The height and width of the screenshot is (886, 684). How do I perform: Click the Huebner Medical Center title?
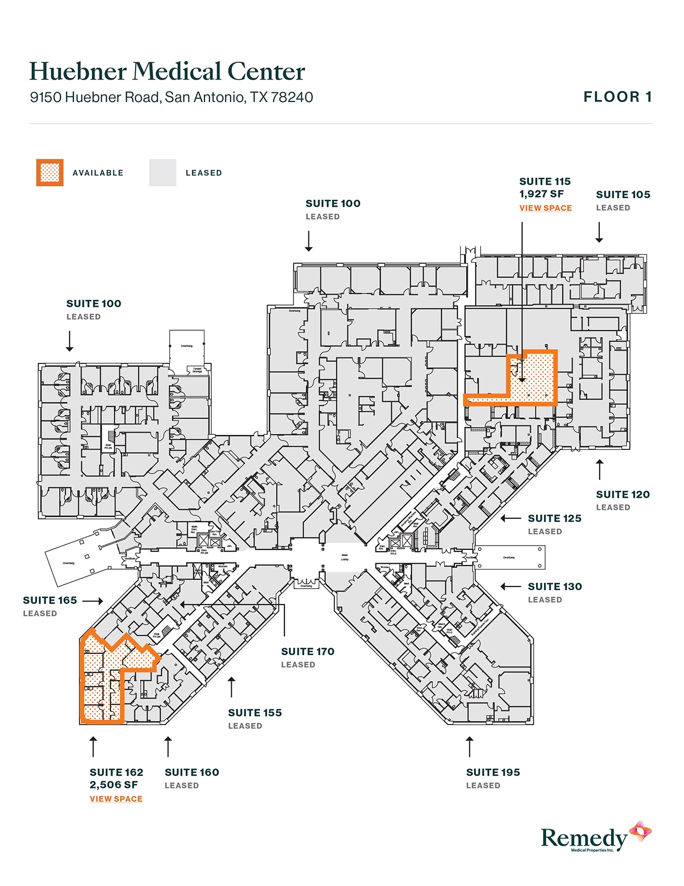tap(167, 72)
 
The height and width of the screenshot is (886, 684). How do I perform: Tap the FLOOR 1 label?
tap(617, 97)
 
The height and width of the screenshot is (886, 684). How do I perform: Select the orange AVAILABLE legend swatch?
tap(50, 173)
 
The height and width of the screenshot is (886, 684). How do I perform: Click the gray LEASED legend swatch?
tap(163, 173)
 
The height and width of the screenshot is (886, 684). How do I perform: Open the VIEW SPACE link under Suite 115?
tap(545, 208)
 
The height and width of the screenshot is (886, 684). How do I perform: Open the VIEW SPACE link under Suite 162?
tap(116, 799)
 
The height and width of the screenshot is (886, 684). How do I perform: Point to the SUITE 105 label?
tap(623, 195)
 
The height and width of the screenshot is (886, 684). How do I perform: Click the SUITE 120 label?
tap(622, 495)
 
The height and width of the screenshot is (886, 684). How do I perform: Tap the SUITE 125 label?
tap(554, 519)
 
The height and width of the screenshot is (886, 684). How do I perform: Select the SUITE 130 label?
tap(555, 587)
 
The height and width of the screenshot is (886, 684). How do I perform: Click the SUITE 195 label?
tap(492, 773)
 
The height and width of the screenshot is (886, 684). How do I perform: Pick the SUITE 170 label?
tap(307, 652)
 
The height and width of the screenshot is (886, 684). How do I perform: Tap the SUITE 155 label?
tap(254, 713)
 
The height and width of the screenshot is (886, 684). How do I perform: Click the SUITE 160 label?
tap(192, 773)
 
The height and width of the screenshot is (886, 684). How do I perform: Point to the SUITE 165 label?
tap(50, 601)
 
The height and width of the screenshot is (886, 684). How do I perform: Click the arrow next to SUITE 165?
tap(92, 601)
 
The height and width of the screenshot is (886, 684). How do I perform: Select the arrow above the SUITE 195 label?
tap(469, 746)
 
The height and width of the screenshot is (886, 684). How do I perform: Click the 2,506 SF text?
tap(113, 785)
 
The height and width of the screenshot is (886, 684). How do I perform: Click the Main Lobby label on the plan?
tap(345, 557)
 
